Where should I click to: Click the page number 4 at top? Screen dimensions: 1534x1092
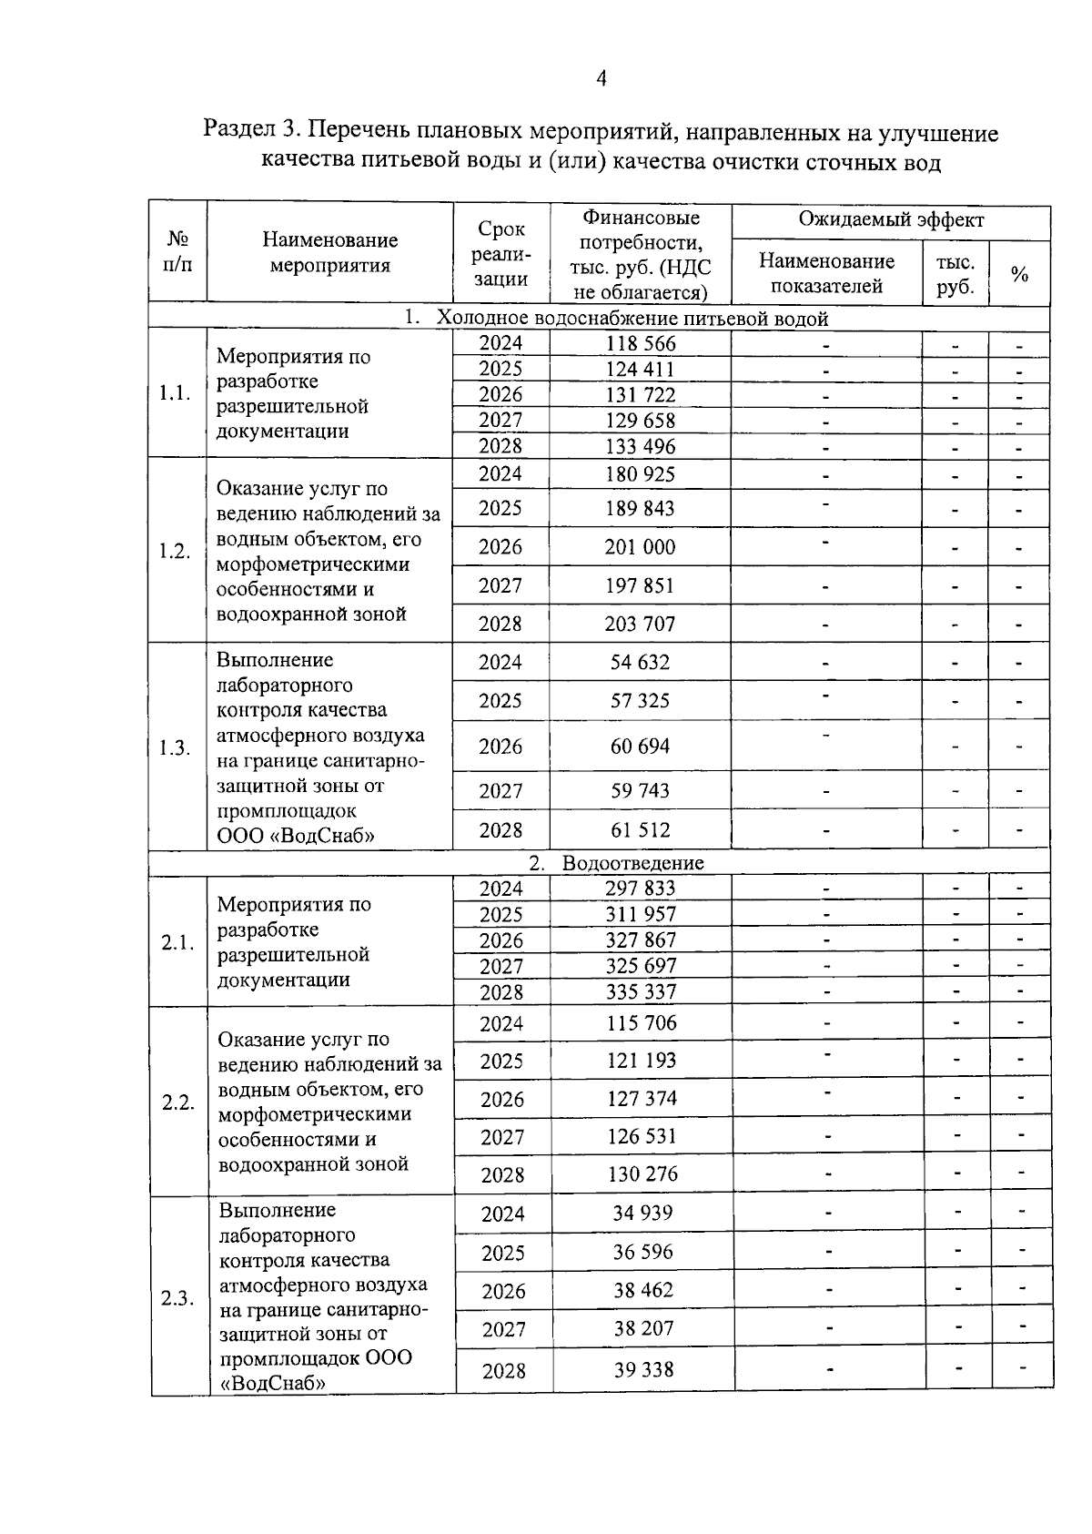(x=601, y=79)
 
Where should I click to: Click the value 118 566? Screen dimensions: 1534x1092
(x=641, y=343)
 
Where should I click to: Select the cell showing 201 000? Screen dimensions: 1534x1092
(x=641, y=547)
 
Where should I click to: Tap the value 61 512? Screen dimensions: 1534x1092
(x=641, y=830)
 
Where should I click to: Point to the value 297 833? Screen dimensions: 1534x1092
(x=641, y=889)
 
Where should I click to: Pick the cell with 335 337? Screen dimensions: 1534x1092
(x=641, y=992)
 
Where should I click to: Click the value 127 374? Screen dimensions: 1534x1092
(x=642, y=1099)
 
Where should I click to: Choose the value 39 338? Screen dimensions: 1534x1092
(x=643, y=1370)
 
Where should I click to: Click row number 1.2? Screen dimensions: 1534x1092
(x=175, y=552)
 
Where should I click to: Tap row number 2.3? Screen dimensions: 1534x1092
(x=178, y=1298)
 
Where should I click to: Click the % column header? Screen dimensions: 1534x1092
(x=1019, y=274)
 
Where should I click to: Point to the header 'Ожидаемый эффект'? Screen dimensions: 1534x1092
(x=891, y=220)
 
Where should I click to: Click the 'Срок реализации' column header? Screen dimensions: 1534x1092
(x=501, y=254)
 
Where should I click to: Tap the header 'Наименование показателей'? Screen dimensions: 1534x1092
(x=826, y=273)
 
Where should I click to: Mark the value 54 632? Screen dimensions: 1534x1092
(x=641, y=663)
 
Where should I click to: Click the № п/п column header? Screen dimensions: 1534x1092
(x=178, y=252)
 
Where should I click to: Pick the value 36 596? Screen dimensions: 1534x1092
(x=642, y=1253)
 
